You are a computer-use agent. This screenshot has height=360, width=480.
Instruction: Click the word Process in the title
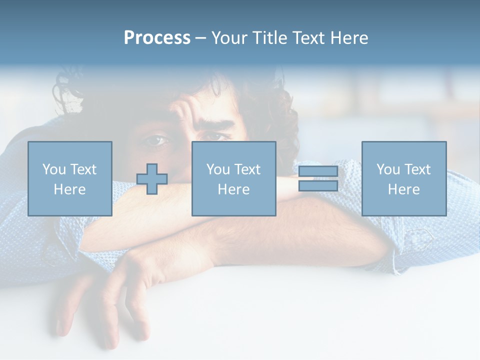(x=157, y=38)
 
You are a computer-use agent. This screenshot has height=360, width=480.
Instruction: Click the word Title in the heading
(x=268, y=38)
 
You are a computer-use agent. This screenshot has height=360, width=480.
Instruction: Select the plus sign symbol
(x=152, y=179)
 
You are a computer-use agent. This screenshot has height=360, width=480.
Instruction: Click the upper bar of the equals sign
(x=318, y=171)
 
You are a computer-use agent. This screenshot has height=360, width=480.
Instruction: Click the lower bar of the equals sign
(x=318, y=186)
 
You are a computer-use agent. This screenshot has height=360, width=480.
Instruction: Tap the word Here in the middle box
(x=233, y=189)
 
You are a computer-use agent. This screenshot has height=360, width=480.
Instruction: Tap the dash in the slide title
(x=200, y=38)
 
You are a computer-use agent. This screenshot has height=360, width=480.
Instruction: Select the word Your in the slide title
(x=230, y=38)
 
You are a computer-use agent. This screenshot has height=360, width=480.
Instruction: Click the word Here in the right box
(x=404, y=189)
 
